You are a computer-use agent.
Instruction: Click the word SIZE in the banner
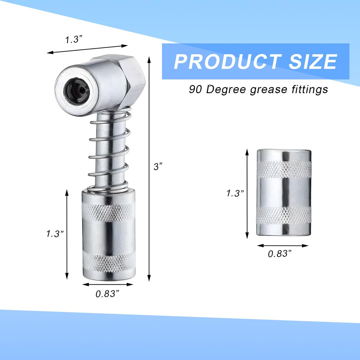pos(313,61)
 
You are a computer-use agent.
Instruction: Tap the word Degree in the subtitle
pos(226,89)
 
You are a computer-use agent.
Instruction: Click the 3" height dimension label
pos(158,167)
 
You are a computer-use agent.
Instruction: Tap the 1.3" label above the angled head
pos(74,39)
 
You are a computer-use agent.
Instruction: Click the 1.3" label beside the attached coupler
pos(55,234)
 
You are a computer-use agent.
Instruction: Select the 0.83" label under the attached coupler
pos(107,294)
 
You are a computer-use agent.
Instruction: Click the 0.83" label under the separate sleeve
pos(280,254)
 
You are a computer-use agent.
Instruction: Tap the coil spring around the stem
pos(108,154)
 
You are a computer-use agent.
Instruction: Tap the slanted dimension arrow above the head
pos(87,49)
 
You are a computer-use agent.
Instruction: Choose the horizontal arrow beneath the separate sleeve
pos(283,246)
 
